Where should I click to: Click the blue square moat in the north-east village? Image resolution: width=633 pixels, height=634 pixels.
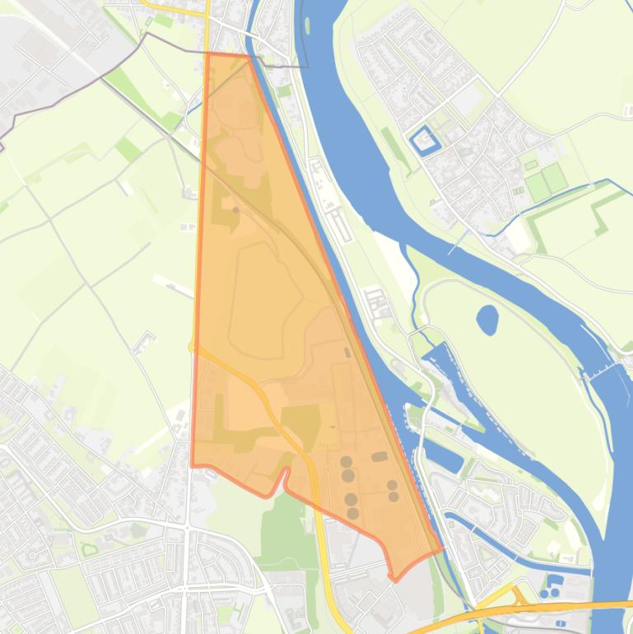click(x=425, y=141)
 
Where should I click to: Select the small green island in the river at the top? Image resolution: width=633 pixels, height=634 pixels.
click(x=307, y=26)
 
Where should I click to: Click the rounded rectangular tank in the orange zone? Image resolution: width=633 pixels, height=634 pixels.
click(x=379, y=456)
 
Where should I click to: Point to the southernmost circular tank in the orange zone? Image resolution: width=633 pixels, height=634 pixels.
click(x=353, y=514)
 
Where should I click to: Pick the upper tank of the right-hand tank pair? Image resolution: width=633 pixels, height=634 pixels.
click(x=392, y=485)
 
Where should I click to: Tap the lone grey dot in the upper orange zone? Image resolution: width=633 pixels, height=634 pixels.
click(x=236, y=210)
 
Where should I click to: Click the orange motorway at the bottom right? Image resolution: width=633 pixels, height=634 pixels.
click(x=527, y=610)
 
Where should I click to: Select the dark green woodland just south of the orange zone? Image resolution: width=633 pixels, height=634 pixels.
click(x=284, y=519)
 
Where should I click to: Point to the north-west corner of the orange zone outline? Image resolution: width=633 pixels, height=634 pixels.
click(x=207, y=54)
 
